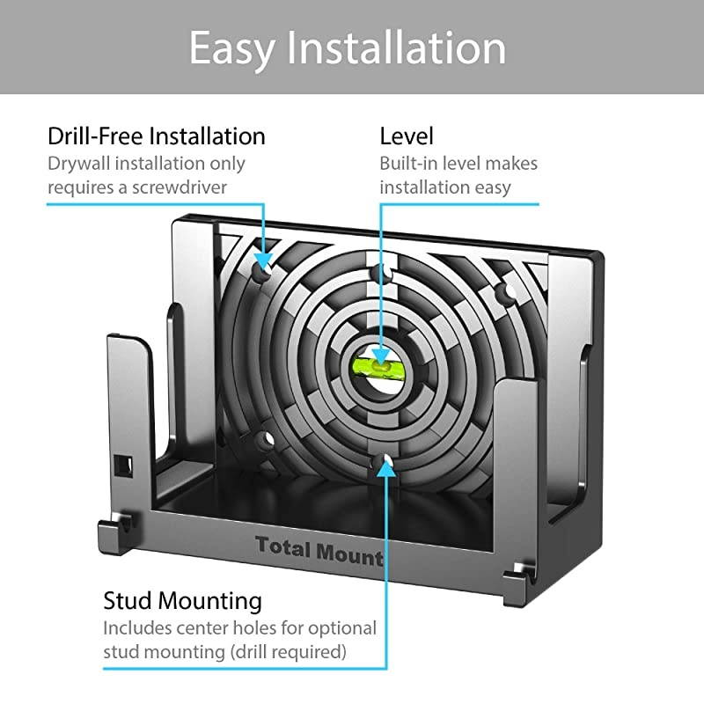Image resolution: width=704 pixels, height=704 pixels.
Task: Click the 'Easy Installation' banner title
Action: (348, 48)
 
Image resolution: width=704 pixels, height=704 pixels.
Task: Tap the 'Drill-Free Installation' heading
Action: (157, 136)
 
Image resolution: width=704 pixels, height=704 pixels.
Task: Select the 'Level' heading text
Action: (407, 136)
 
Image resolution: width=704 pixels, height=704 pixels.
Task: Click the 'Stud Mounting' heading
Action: (183, 601)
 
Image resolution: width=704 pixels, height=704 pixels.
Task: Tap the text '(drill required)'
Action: (289, 651)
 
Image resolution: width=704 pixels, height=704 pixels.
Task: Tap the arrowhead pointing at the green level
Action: (381, 355)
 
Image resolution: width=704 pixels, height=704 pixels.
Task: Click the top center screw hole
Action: (383, 274)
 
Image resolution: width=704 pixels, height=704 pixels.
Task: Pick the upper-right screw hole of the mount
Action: (508, 292)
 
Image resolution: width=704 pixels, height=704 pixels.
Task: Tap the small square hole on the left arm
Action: (123, 466)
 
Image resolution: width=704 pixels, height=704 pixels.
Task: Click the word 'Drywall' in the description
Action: (78, 164)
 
